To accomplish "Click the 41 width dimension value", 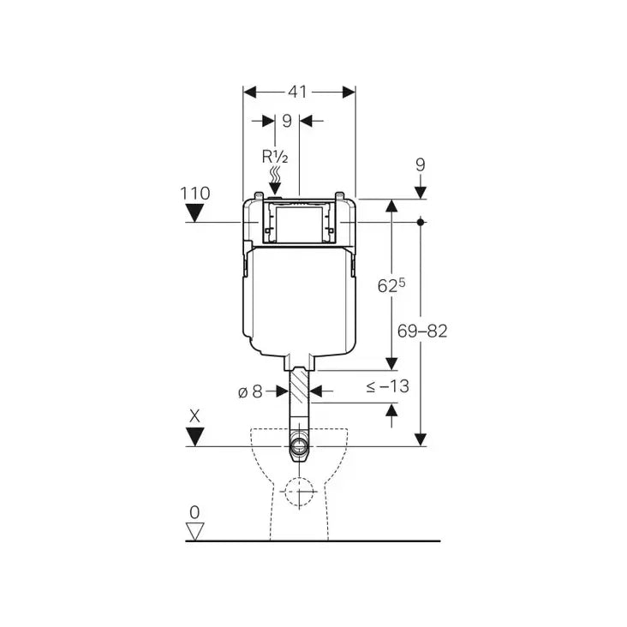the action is coord(298,92).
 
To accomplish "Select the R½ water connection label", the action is coord(275,157).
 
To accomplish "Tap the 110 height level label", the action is coord(195,194).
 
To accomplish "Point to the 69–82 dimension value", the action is coord(422,331).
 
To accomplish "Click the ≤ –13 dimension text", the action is coord(387,386).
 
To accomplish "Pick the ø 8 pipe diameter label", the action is coord(250,392).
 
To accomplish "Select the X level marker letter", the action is coord(194,416).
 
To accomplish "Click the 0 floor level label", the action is coord(194,512).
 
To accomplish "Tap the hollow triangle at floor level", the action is coord(195,531).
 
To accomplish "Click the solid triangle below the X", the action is coord(195,437).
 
